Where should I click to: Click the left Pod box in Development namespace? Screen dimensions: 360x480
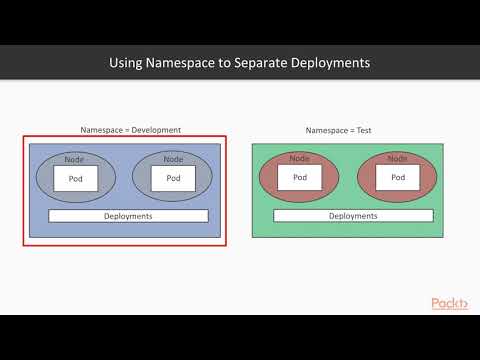click(x=75, y=179)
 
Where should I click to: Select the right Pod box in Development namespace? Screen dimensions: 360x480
click(x=172, y=179)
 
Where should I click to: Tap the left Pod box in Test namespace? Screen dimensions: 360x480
click(x=299, y=178)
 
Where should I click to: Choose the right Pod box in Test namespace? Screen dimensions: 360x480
click(x=396, y=178)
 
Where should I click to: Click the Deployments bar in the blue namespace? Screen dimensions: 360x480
click(x=128, y=216)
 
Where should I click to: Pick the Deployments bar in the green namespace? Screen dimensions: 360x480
click(x=353, y=216)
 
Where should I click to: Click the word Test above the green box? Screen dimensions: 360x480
click(x=365, y=130)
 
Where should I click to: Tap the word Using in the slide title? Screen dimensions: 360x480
click(x=125, y=63)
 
